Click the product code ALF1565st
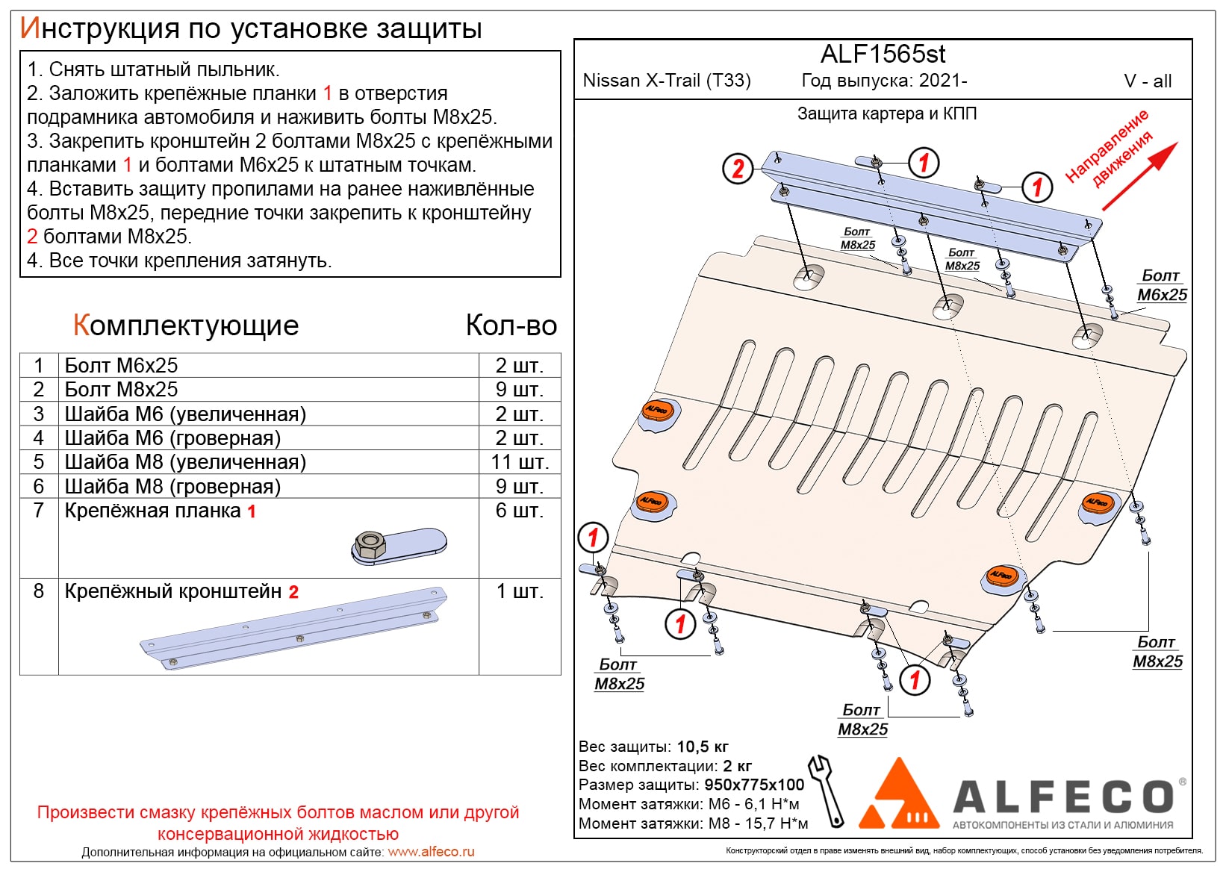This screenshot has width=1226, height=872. (x=883, y=54)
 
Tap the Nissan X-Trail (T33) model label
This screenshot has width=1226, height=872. (x=666, y=81)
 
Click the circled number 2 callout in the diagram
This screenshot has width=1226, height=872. (x=738, y=169)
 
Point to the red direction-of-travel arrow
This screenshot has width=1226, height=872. (x=1139, y=176)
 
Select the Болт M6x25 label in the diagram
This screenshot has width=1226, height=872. (x=1161, y=286)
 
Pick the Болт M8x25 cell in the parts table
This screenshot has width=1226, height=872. (x=121, y=390)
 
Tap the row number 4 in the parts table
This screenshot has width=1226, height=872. (x=39, y=438)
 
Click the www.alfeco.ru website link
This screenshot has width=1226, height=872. (x=431, y=852)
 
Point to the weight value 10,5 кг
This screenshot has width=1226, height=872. (x=702, y=747)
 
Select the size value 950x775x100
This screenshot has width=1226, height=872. (x=754, y=785)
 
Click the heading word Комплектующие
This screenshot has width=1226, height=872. (x=186, y=326)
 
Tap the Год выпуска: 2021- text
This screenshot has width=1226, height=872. (x=884, y=81)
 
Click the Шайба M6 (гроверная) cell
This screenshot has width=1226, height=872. (x=172, y=438)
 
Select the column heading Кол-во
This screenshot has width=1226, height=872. (x=511, y=326)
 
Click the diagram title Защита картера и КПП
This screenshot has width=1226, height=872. (x=887, y=113)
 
